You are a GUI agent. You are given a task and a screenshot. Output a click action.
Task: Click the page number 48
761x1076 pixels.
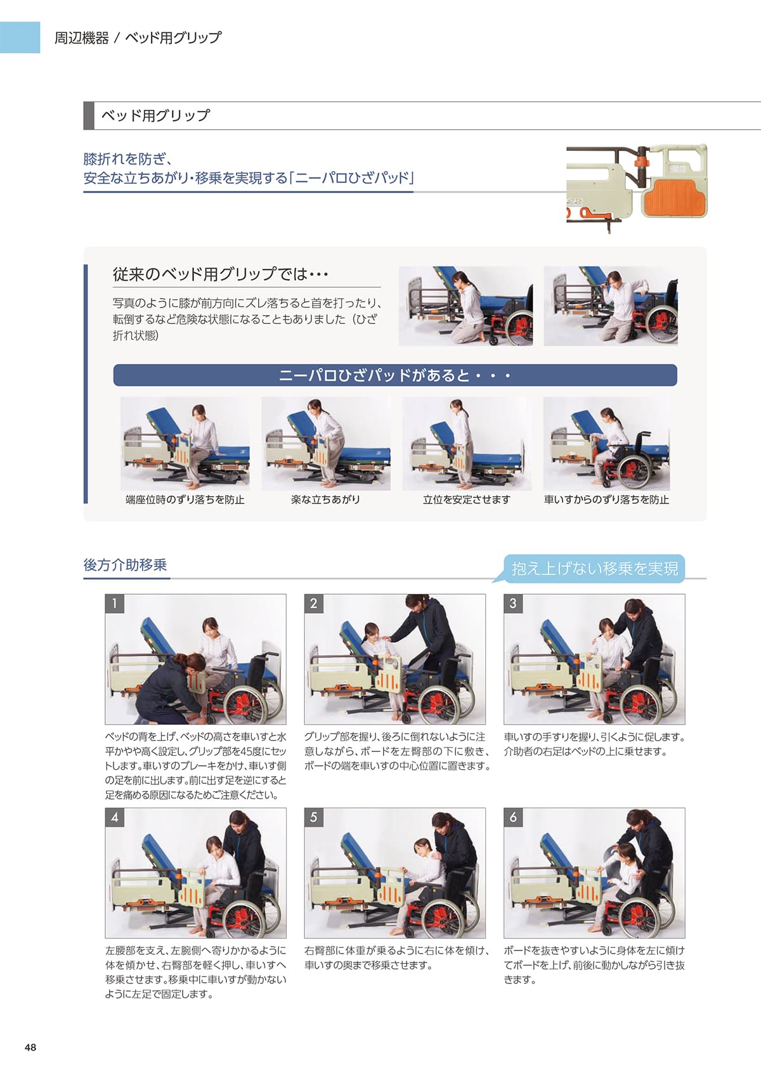pyautogui.click(x=30, y=1047)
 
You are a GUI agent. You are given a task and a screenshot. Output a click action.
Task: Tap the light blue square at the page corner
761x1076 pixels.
pyautogui.click(x=20, y=37)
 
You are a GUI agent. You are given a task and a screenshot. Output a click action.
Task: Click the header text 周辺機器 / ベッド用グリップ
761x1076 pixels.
pyautogui.click(x=138, y=37)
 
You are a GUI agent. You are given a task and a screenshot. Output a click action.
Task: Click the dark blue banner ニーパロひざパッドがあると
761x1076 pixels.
pyautogui.click(x=395, y=375)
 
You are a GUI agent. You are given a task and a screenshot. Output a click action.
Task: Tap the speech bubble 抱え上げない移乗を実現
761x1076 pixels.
pyautogui.click(x=594, y=569)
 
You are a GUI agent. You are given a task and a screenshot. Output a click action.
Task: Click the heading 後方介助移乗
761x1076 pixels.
pyautogui.click(x=126, y=565)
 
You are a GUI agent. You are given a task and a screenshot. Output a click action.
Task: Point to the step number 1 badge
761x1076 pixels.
pyautogui.click(x=114, y=604)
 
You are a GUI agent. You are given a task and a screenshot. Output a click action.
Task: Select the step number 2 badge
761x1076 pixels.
pyautogui.click(x=314, y=604)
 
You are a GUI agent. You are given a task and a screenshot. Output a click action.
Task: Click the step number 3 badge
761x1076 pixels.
pyautogui.click(x=513, y=604)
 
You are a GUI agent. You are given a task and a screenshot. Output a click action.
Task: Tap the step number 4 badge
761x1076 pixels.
pyautogui.click(x=114, y=817)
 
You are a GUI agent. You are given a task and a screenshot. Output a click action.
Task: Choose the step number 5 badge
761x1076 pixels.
pyautogui.click(x=314, y=817)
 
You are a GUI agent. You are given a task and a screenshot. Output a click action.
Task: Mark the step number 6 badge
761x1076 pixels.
pyautogui.click(x=513, y=817)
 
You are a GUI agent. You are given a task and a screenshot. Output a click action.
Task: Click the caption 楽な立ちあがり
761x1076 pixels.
pyautogui.click(x=325, y=500)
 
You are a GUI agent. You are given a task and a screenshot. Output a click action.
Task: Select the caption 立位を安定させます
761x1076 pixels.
pyautogui.click(x=466, y=500)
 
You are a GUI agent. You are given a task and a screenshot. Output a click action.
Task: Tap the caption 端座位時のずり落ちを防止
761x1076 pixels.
pyautogui.click(x=185, y=500)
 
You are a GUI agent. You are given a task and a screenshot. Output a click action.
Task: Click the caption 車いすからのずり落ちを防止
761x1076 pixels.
pyautogui.click(x=606, y=500)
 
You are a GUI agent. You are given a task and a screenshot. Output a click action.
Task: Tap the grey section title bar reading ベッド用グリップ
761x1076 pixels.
pyautogui.click(x=422, y=116)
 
